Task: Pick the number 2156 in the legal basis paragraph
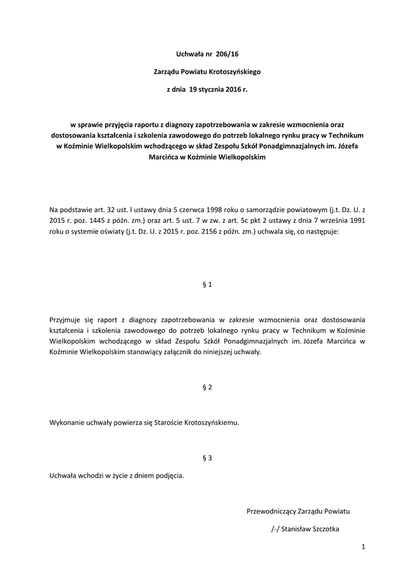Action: [211, 232]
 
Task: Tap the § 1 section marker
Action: [208, 284]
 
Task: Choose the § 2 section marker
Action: [208, 387]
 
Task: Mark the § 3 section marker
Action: [208, 458]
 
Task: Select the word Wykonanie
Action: [67, 423]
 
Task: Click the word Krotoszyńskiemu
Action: [210, 423]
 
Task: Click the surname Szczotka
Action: [325, 529]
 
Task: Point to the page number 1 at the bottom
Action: [363, 547]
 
